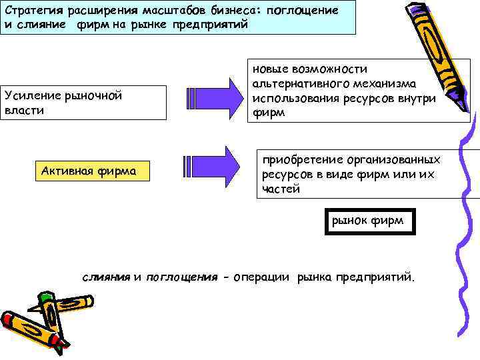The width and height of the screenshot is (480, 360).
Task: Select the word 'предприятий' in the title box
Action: point(215,25)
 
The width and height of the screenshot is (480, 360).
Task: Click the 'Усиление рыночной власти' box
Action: point(83,103)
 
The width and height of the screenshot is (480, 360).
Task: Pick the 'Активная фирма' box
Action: point(92,171)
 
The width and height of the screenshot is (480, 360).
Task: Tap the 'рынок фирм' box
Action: point(369,221)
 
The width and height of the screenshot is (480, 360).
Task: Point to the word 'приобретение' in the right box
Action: point(298,159)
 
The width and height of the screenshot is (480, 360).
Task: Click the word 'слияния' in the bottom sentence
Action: point(106,276)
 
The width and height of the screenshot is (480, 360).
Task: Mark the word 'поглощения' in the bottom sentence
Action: point(182,276)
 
